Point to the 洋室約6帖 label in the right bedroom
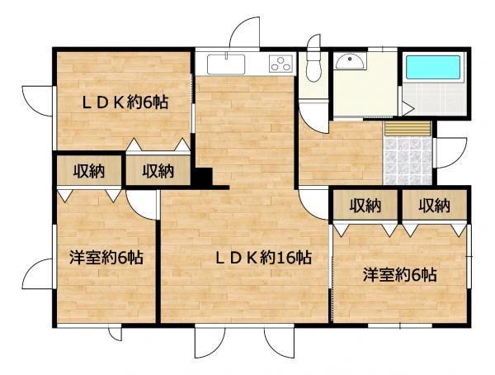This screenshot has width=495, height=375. [x=399, y=274]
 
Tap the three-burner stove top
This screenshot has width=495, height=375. [x=281, y=62]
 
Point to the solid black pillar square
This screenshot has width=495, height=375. [x=202, y=177]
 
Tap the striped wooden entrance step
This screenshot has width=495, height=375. [x=408, y=128]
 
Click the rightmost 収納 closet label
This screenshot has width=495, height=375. [x=433, y=205]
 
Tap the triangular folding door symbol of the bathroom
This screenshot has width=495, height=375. [x=407, y=106]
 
